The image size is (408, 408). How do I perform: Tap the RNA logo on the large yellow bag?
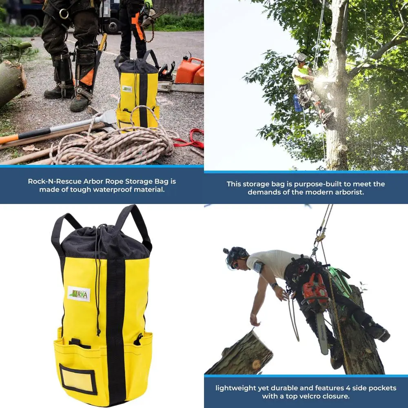click(x=78, y=294)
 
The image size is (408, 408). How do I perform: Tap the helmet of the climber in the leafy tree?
click(x=300, y=57)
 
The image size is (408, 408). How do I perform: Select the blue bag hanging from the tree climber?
click(x=298, y=103)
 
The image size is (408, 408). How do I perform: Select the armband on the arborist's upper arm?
click(x=258, y=268)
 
